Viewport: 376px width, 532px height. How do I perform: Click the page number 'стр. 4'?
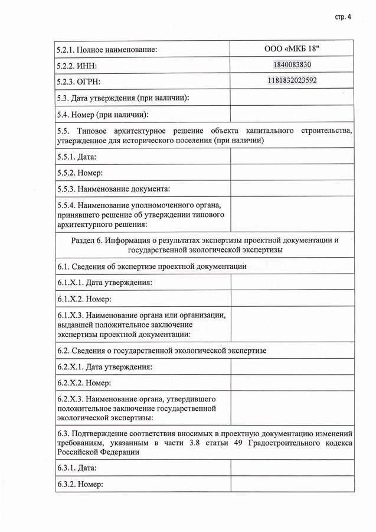click(x=342, y=17)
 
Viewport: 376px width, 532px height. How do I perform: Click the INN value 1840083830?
click(x=292, y=65)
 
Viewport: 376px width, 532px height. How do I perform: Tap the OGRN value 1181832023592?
click(x=292, y=80)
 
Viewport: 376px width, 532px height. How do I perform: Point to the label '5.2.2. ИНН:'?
click(x=77, y=66)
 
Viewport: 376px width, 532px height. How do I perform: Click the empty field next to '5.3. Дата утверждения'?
click(x=292, y=97)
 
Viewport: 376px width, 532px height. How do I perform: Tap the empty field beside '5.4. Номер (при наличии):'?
click(x=292, y=113)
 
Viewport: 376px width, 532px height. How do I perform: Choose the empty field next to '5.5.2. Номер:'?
click(x=292, y=173)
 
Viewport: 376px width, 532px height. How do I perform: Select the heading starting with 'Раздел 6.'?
click(x=205, y=245)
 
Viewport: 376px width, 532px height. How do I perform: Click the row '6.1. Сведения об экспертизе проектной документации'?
click(x=152, y=267)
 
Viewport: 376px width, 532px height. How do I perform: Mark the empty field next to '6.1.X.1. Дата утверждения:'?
click(x=292, y=283)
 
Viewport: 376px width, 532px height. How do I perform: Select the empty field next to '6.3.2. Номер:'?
click(x=292, y=485)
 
